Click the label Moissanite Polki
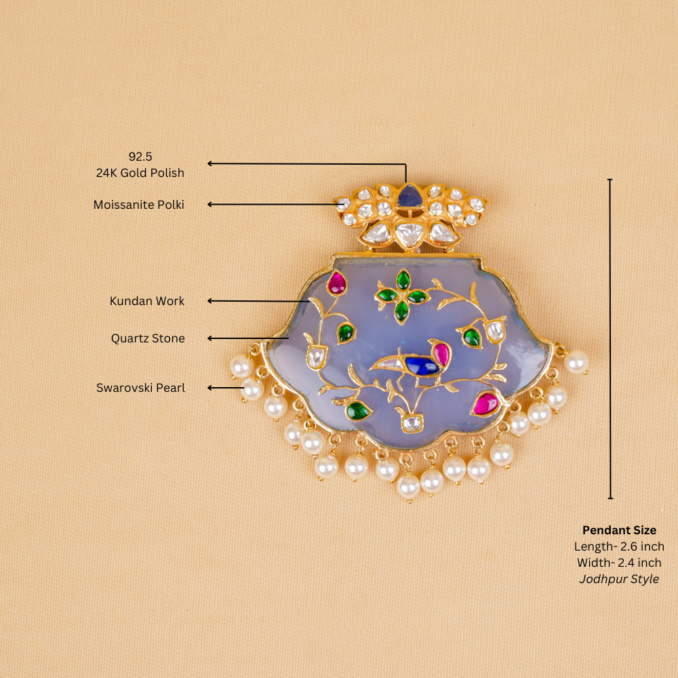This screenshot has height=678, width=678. pyautogui.click(x=139, y=204)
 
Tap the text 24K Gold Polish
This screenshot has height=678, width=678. pyautogui.click(x=140, y=173)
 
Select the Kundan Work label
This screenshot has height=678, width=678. pyautogui.click(x=147, y=301)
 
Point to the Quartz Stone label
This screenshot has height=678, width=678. pyautogui.click(x=148, y=338)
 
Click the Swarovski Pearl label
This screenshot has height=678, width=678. pyautogui.click(x=140, y=388)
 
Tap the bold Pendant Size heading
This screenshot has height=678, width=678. pyautogui.click(x=619, y=530)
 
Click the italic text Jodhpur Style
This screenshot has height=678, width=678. pyautogui.click(x=619, y=579)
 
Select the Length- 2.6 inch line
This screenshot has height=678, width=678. pyautogui.click(x=619, y=546)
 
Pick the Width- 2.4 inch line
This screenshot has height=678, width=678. pyautogui.click(x=619, y=563)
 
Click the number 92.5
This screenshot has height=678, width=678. pyautogui.click(x=140, y=157)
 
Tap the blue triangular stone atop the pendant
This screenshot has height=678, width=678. pyautogui.click(x=409, y=197)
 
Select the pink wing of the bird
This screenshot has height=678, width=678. pyautogui.click(x=441, y=353)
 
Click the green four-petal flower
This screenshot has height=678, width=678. pyautogui.click(x=402, y=296)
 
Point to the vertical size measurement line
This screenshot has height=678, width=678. pyautogui.click(x=610, y=339)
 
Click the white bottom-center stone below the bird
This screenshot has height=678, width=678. pyautogui.click(x=410, y=424)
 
